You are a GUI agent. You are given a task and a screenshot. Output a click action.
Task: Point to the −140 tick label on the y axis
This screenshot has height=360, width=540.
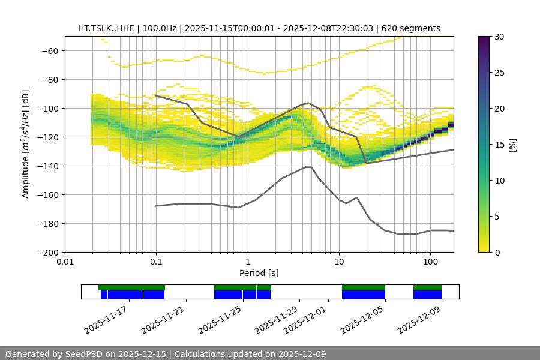[x=48, y=166]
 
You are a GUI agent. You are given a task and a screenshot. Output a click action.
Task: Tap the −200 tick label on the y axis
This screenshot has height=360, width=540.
[x=48, y=252]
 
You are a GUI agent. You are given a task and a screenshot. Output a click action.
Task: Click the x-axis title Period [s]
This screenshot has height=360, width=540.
[x=259, y=273]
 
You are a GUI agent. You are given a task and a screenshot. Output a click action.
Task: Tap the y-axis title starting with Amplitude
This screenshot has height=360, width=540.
[x=25, y=144]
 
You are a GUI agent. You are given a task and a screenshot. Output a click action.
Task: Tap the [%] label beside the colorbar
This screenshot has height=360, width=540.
[x=512, y=145]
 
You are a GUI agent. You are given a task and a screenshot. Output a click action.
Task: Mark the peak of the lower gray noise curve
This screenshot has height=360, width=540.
[x=308, y=167]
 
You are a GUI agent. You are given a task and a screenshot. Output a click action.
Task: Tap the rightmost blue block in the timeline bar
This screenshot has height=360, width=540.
[x=427, y=295]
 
